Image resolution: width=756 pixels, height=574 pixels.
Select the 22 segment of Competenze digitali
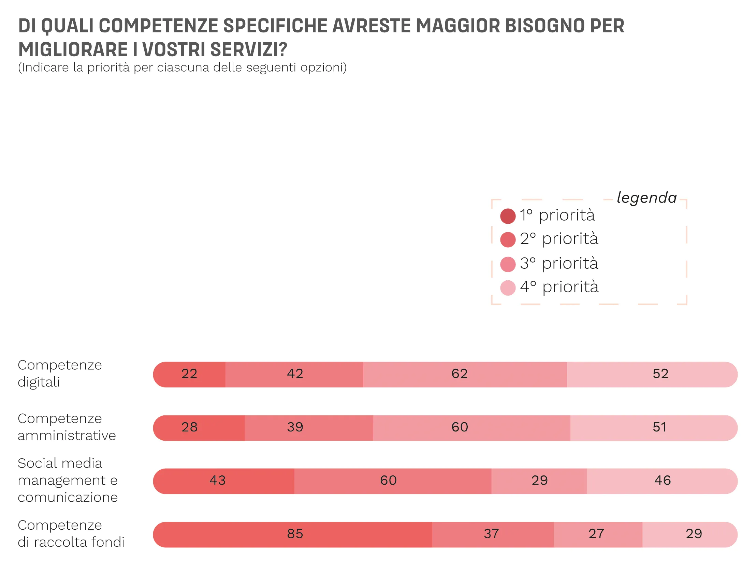pos(189,374)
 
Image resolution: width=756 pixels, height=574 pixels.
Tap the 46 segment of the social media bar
pos(662,481)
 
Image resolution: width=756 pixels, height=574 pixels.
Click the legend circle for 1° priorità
pos(508,216)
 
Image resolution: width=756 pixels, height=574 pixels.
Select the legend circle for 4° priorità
pos(508,288)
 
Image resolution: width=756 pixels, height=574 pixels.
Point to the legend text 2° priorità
pos(559,238)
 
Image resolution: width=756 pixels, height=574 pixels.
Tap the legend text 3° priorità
pos(559,263)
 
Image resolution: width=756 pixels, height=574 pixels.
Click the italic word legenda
pos(646,198)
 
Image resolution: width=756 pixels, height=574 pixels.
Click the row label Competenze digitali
pos(59,373)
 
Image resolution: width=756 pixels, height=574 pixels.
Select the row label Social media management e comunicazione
pos(68,480)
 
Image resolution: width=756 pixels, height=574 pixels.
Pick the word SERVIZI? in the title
pos(248,49)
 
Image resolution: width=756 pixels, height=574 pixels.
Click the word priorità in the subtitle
pos(108,67)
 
